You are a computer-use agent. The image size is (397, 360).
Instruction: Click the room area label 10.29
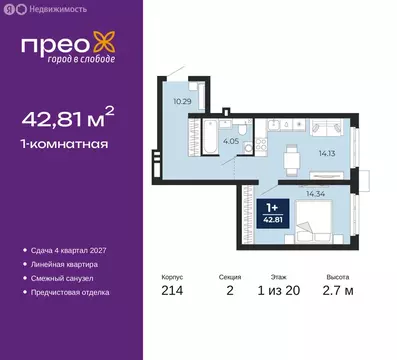tap(181, 101)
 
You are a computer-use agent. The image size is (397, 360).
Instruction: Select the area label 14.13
tap(328, 153)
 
